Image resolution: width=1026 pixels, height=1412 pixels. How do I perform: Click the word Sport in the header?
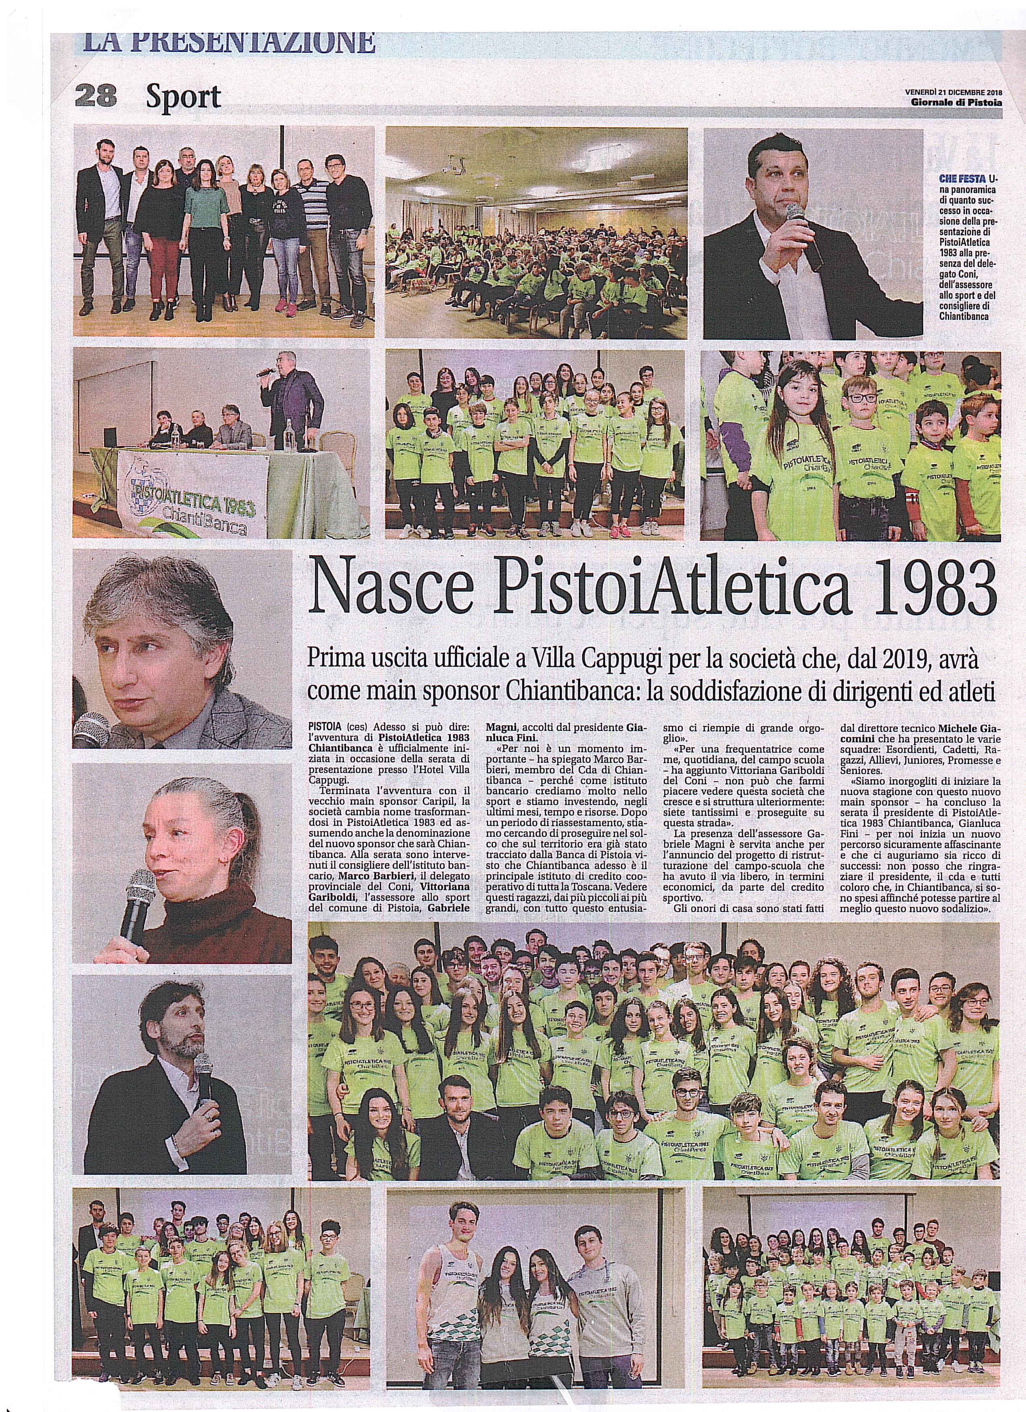183,97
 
